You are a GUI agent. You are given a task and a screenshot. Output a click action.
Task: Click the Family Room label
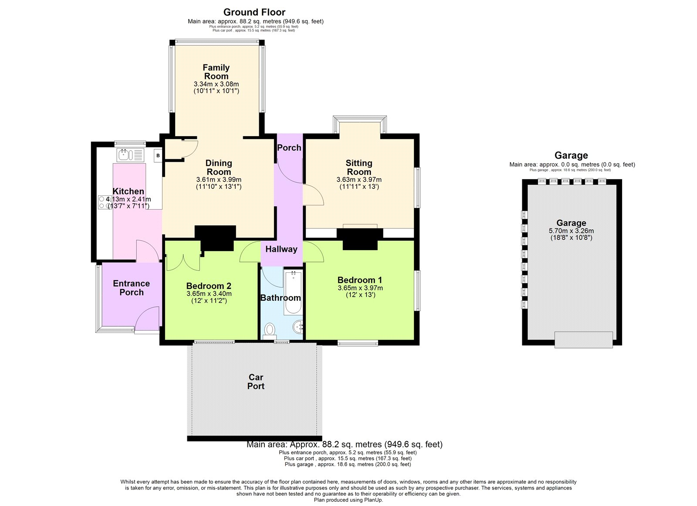coord(216,72)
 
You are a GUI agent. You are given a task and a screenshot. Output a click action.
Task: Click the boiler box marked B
coord(158,155)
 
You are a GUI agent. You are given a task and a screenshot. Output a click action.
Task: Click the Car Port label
coord(256,382)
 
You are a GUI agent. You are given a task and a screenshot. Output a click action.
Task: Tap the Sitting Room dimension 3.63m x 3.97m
coord(359,180)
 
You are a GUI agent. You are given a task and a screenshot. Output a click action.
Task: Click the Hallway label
coord(281,249)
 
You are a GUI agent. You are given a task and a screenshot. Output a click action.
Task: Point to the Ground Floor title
coord(254,12)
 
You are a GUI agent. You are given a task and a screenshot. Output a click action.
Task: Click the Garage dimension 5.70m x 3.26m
coord(571,231)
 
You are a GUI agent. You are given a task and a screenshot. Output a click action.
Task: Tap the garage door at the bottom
coord(583,339)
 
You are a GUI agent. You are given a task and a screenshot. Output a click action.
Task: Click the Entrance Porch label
coord(132,288)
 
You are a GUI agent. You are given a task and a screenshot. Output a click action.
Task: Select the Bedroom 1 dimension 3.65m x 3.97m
coord(360,288)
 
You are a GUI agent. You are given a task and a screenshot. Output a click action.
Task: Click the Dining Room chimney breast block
coord(216,237)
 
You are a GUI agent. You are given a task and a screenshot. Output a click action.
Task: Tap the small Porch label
coord(289,147)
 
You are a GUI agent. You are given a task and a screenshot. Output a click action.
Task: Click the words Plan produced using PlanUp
coord(348,500)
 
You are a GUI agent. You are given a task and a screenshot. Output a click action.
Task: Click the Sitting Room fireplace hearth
coord(360,226)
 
